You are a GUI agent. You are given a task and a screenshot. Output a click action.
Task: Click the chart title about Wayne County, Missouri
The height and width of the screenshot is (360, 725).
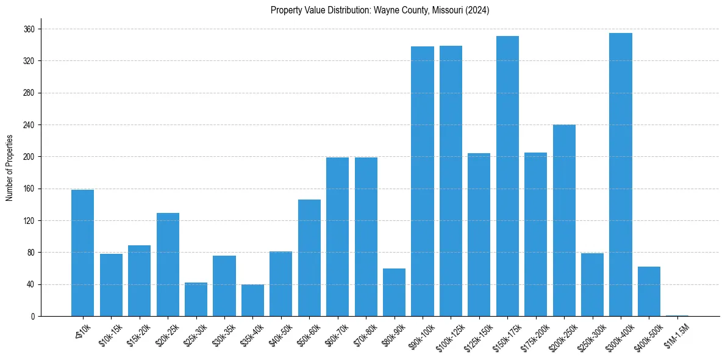click(380, 10)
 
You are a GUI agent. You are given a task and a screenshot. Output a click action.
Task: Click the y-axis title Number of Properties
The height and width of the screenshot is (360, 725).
click(9, 167)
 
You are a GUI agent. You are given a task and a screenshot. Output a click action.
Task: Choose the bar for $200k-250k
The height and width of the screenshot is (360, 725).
click(564, 220)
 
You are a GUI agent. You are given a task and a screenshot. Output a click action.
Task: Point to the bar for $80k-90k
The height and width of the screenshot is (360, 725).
click(394, 292)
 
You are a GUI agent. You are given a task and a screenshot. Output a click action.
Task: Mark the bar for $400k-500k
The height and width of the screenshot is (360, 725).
click(649, 291)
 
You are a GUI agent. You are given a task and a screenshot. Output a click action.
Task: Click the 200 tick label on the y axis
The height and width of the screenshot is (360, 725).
click(29, 157)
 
